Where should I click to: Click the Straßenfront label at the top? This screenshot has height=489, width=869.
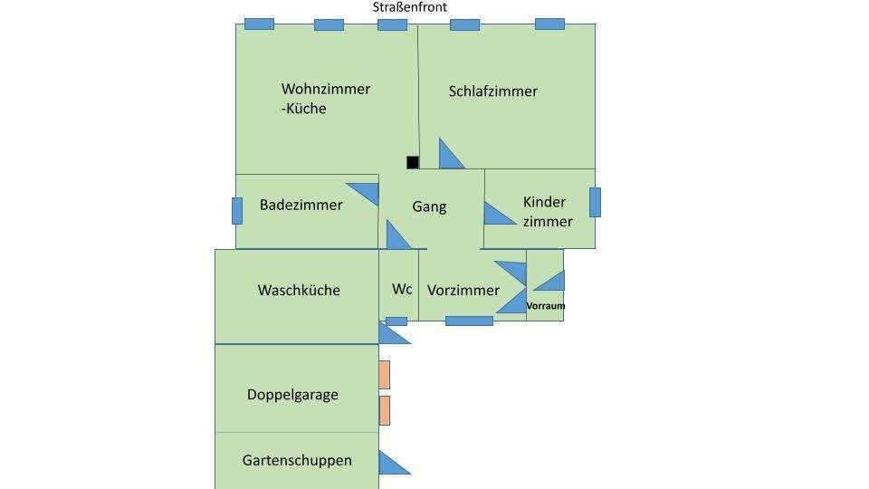pos(409,7)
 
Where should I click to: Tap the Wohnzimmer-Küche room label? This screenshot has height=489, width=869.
pos(325,99)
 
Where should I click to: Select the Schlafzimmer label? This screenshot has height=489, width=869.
pos(492,91)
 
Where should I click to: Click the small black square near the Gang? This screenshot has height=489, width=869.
pos(413,163)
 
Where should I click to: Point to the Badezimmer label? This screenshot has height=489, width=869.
pos(301,206)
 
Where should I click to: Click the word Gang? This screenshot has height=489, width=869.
pos(429,206)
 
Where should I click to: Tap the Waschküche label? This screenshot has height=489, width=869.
pos(299,291)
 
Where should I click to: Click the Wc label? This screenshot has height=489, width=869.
pos(402,290)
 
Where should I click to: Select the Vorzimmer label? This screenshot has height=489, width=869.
pos(463,291)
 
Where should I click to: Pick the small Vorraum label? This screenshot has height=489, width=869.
pos(546,306)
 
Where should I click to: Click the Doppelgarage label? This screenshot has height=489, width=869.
pos(292,395)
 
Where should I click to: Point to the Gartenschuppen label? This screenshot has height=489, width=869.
pos(297,460)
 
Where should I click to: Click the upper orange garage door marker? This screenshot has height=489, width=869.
pos(385,375)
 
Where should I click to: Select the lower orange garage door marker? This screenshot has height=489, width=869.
pos(385,410)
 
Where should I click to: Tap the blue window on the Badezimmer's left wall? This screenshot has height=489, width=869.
pos(237,210)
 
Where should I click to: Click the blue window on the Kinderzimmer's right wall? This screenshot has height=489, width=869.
pos(595,202)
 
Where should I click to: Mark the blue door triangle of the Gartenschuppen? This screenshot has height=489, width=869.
pos(390,464)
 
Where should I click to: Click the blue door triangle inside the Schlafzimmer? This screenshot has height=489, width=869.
pos(449,157)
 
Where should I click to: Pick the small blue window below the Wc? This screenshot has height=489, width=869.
pos(396,321)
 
